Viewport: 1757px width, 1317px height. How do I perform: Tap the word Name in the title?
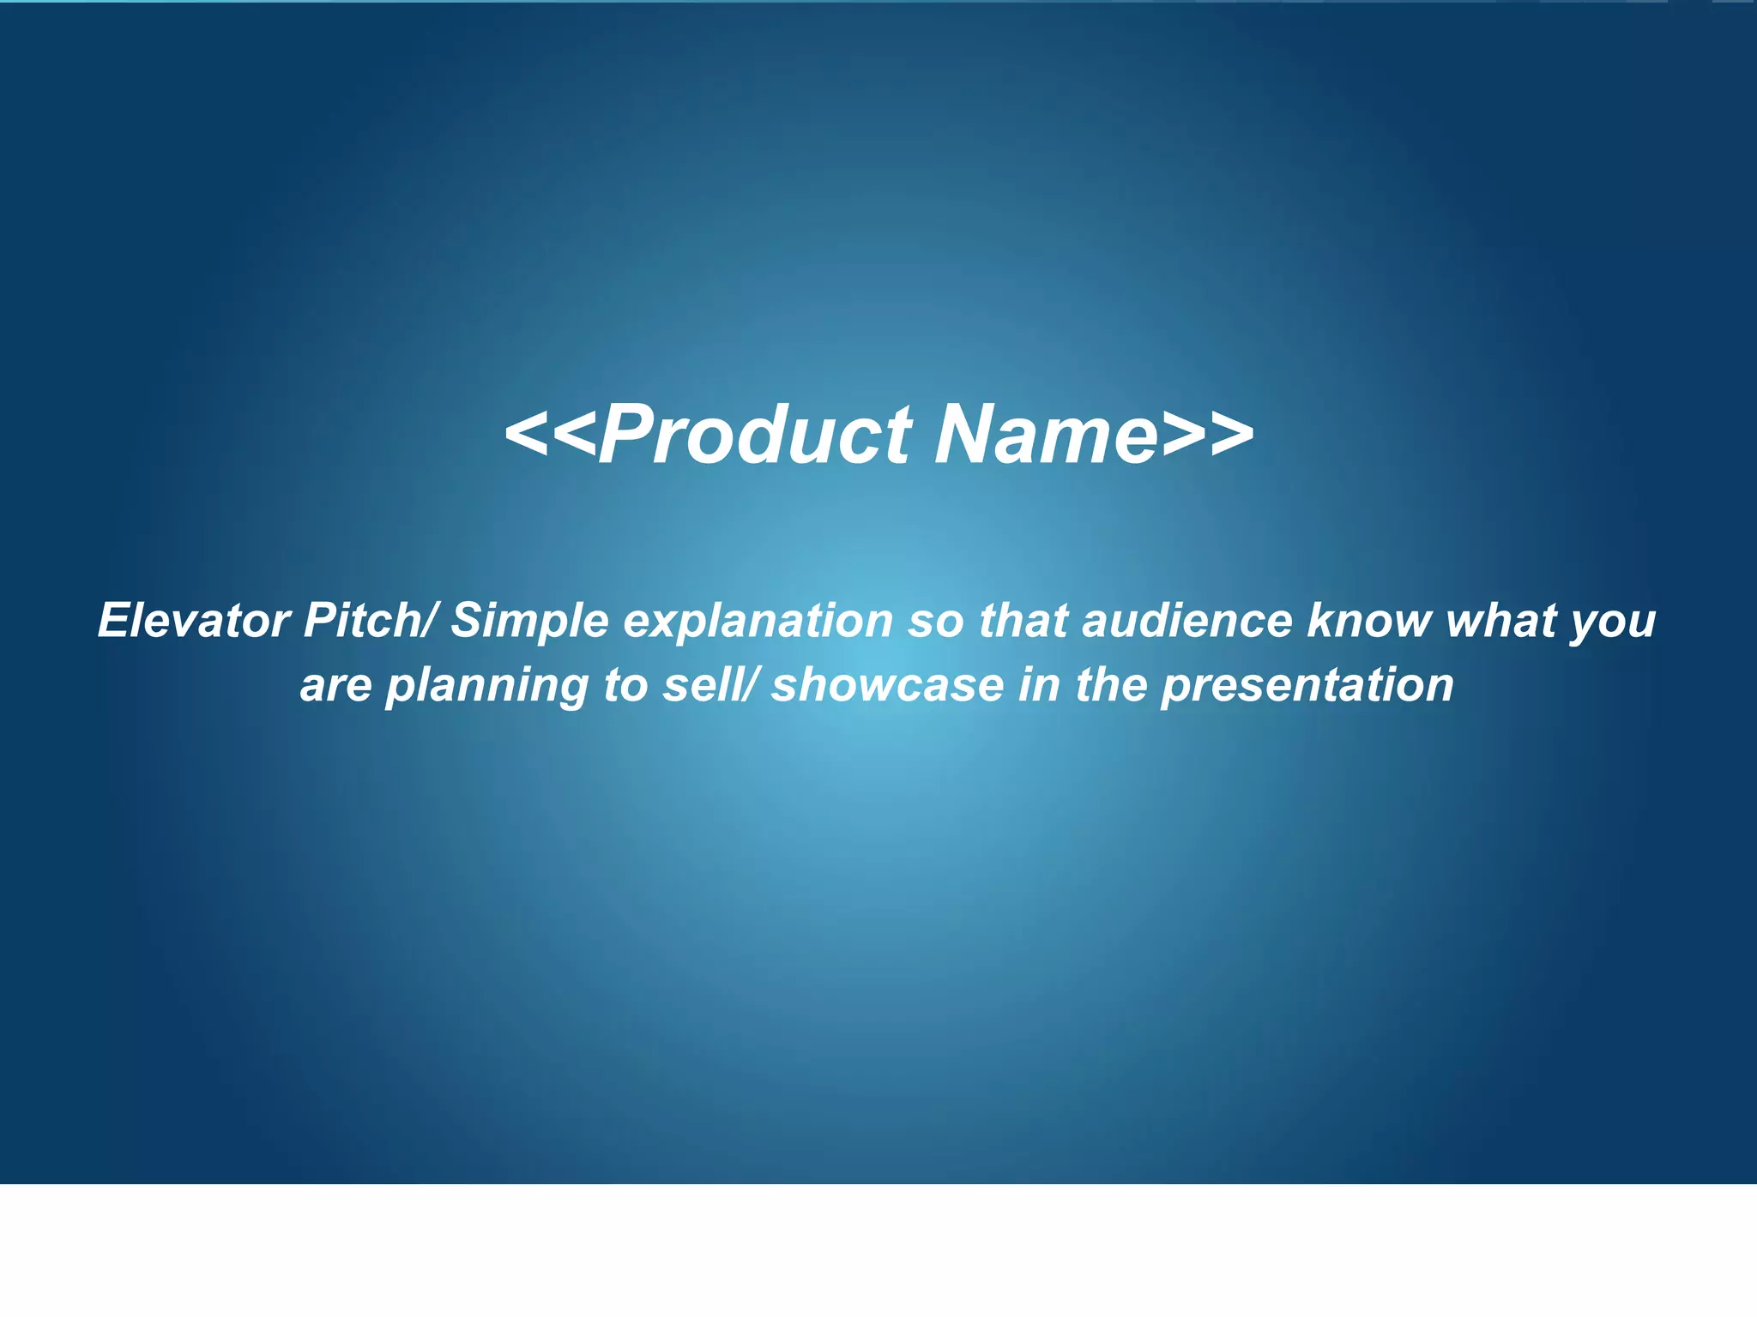tap(1047, 436)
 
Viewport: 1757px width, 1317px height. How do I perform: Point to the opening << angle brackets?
tap(550, 436)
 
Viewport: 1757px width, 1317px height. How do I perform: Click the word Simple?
tap(529, 622)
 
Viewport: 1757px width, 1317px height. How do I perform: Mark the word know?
tap(1369, 620)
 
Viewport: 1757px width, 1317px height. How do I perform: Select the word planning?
tap(486, 687)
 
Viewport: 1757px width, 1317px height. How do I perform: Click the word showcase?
tap(887, 685)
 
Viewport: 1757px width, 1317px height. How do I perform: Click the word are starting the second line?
tap(335, 687)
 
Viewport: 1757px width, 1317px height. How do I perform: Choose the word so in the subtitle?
tap(936, 622)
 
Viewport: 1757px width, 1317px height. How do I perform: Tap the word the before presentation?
tap(1111, 685)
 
